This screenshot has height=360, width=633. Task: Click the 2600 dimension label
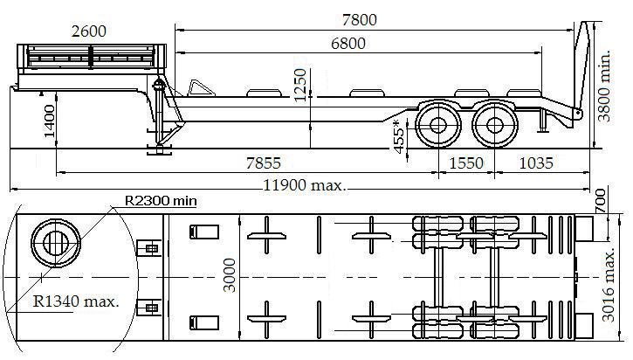point(89,31)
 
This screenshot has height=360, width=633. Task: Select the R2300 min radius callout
point(161,201)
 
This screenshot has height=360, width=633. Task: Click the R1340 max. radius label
point(76,301)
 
